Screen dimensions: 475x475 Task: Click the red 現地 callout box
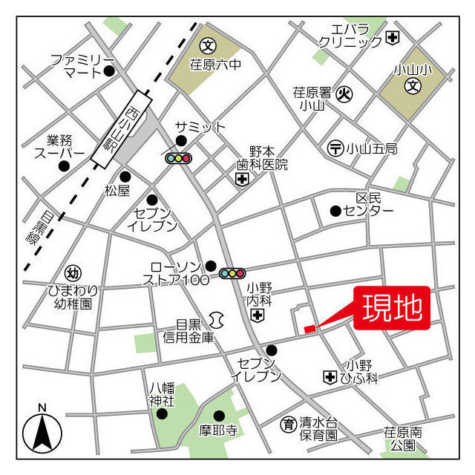(x=393, y=307)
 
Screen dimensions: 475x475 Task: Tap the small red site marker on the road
(x=309, y=328)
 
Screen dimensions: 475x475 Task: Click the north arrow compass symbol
(x=42, y=430)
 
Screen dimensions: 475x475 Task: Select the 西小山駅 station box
(x=122, y=129)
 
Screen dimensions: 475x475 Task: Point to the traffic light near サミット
(x=178, y=158)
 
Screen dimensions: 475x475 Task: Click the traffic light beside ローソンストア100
(x=232, y=273)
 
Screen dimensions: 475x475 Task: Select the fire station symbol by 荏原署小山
(x=344, y=94)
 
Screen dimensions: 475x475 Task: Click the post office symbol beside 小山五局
(x=335, y=148)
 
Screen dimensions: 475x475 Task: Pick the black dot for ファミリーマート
(x=109, y=71)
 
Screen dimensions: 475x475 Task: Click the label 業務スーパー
(x=60, y=146)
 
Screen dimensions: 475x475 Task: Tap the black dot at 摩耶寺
(x=219, y=415)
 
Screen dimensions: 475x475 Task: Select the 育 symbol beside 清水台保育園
(x=288, y=425)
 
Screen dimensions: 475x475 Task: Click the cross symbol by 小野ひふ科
(x=329, y=378)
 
